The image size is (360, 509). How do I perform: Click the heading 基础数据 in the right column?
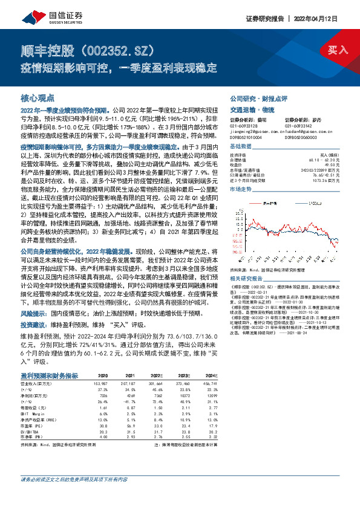241,148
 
